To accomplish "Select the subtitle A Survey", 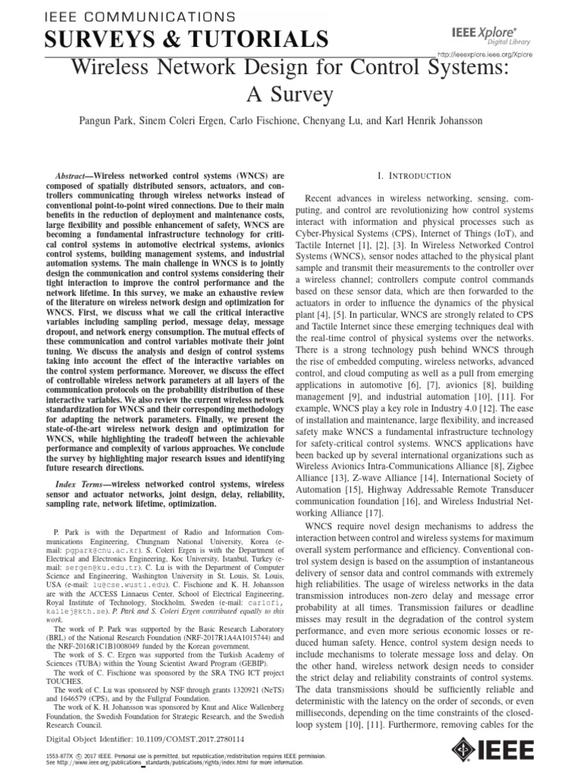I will [289, 95].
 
